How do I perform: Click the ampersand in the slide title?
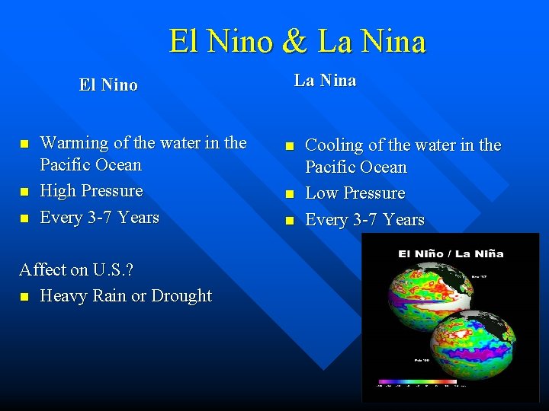click(x=294, y=41)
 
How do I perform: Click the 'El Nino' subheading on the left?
click(x=108, y=85)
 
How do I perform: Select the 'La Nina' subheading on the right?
click(x=326, y=81)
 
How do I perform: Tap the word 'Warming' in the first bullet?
click(x=74, y=143)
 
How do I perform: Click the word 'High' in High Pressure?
click(x=57, y=191)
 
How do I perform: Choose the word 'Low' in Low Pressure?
click(x=320, y=193)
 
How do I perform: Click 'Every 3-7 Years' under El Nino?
click(x=99, y=218)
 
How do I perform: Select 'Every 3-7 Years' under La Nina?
click(x=364, y=220)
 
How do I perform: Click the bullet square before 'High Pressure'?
click(x=24, y=192)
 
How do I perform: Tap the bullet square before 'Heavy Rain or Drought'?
click(x=24, y=297)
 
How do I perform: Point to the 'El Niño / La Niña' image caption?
click(x=451, y=253)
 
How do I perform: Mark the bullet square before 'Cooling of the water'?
click(x=289, y=146)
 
